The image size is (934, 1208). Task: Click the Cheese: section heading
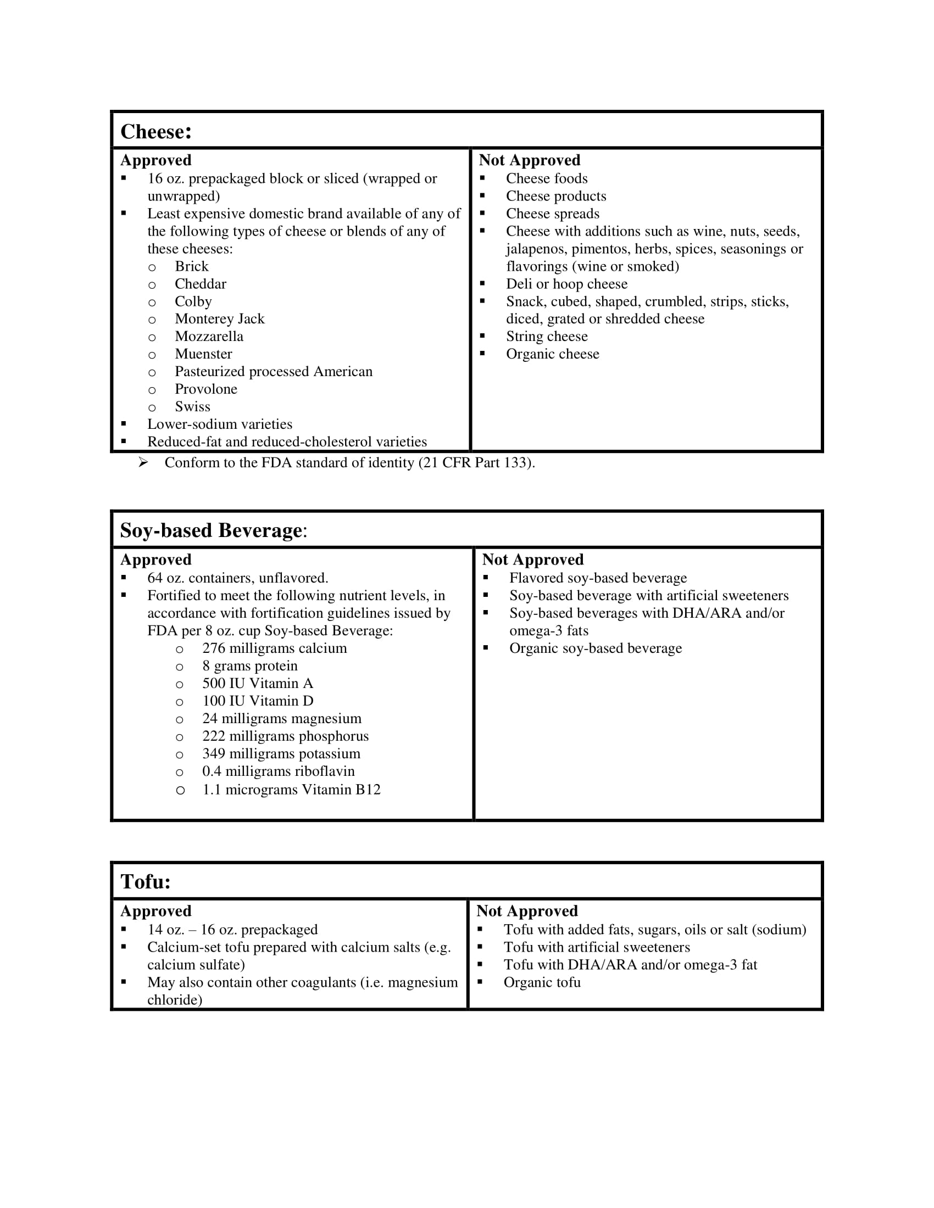point(156,132)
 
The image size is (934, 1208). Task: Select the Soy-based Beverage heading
point(213,530)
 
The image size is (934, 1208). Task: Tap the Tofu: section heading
point(146,882)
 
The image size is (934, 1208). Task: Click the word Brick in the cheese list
point(191,267)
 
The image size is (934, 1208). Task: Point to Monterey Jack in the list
point(220,319)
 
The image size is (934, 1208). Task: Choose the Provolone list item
point(206,389)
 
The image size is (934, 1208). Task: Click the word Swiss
point(192,407)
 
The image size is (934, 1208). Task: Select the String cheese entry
point(547,337)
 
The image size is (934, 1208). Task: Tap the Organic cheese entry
point(552,354)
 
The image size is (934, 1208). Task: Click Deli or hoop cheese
point(566,284)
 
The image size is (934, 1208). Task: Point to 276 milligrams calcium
point(275,648)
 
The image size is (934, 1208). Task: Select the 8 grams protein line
point(250,666)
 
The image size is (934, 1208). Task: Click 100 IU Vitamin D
point(258,701)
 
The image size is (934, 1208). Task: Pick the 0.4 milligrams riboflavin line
point(279,771)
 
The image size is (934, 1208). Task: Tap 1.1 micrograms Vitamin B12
point(292,790)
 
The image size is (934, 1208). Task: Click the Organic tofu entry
point(542,982)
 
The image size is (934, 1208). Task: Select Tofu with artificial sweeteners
point(597,948)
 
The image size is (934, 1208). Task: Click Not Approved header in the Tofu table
point(527,911)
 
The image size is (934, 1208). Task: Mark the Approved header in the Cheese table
point(156,160)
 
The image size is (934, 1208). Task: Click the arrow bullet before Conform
point(143,462)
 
